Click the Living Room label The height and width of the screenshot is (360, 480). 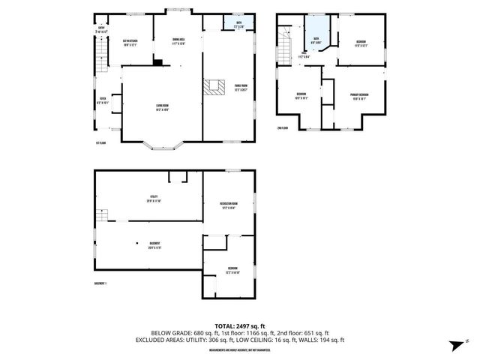[161, 106]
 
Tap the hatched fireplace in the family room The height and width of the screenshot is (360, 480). [215, 87]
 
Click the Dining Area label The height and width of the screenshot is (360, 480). [178, 42]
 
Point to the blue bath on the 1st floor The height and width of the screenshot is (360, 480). [239, 23]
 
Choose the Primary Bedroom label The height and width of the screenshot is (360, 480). [359, 96]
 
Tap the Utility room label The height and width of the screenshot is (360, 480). [153, 199]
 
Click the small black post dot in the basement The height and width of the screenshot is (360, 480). [138, 243]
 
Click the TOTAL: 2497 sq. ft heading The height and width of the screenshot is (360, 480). [240, 325]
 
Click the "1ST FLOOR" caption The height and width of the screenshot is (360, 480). [100, 142]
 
